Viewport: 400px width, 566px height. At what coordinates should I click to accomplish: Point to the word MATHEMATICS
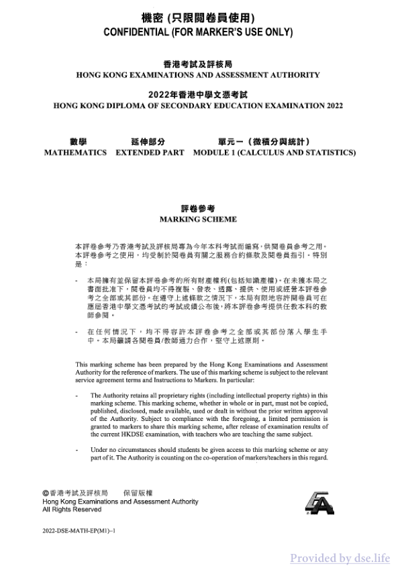[x=75, y=152]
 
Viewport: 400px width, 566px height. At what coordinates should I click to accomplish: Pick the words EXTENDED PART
[x=150, y=152]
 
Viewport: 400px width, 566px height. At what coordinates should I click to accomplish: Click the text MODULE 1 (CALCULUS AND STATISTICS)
[x=274, y=152]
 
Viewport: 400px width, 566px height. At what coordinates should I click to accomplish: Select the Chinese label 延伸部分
[x=148, y=142]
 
